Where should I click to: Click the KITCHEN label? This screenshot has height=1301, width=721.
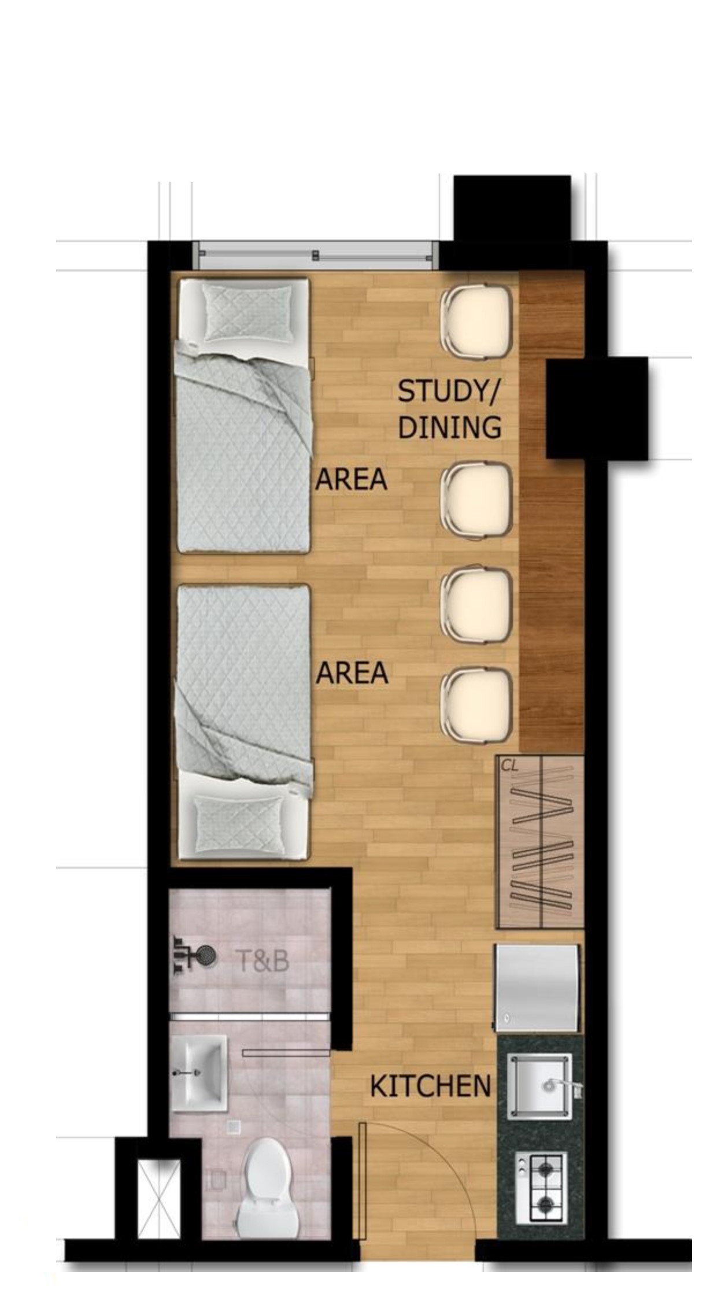click(x=430, y=1086)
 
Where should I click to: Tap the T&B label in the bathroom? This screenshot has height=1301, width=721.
click(x=263, y=961)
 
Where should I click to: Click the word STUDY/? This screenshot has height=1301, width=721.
click(x=448, y=391)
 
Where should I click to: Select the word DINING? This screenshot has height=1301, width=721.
click(x=449, y=428)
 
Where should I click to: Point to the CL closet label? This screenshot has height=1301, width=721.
click(x=509, y=766)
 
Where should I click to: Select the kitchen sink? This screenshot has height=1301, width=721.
click(x=539, y=1085)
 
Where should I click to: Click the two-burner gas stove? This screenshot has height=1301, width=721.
click(x=541, y=1187)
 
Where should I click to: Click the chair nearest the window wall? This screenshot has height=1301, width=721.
click(x=476, y=321)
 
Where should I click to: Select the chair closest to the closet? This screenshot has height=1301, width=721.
click(x=476, y=704)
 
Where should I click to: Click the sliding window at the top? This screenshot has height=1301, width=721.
click(x=315, y=255)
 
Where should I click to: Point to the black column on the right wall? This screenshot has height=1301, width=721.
click(x=597, y=408)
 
